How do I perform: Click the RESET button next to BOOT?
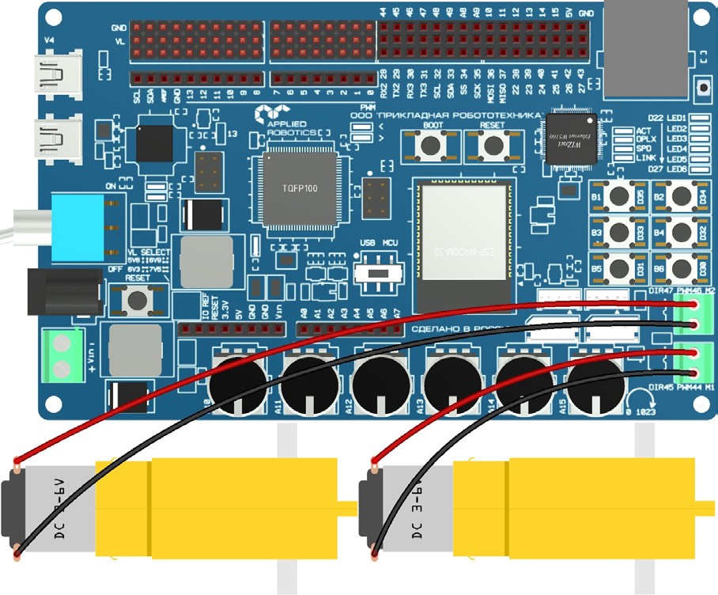493,146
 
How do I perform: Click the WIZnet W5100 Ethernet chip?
571,139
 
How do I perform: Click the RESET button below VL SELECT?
138,300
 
